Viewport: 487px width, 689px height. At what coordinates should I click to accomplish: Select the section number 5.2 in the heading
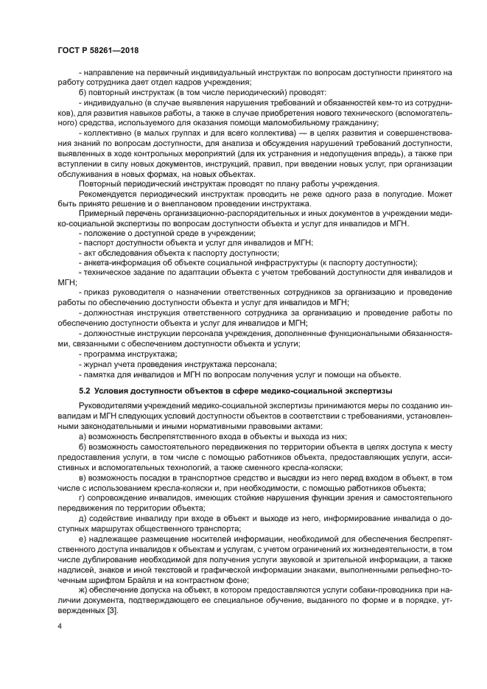[x=83, y=390]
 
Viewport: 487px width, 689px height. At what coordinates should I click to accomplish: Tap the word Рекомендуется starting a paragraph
[x=107, y=194]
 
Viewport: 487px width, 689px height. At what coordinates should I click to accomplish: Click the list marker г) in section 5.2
[x=81, y=499]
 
